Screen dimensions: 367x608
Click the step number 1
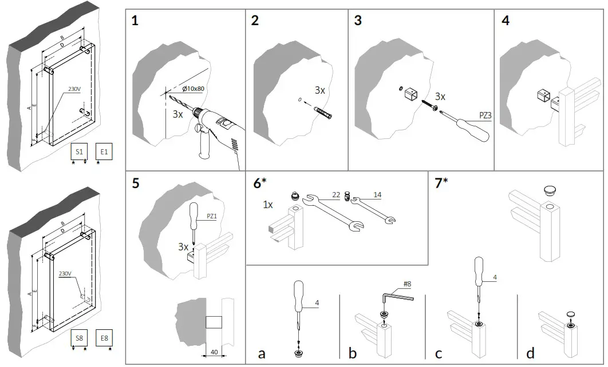135,22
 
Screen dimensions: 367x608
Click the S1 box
79,151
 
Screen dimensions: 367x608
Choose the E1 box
105,151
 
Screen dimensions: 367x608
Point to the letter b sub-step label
352,353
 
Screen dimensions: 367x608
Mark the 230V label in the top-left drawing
74,89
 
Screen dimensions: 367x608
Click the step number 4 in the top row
505,22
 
